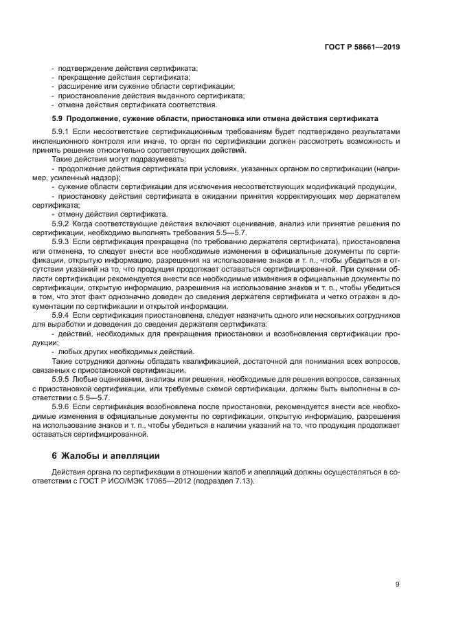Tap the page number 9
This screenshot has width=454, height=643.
coord(398,585)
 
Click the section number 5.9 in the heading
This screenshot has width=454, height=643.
coord(57,118)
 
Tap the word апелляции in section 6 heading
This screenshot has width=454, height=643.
coord(133,455)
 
